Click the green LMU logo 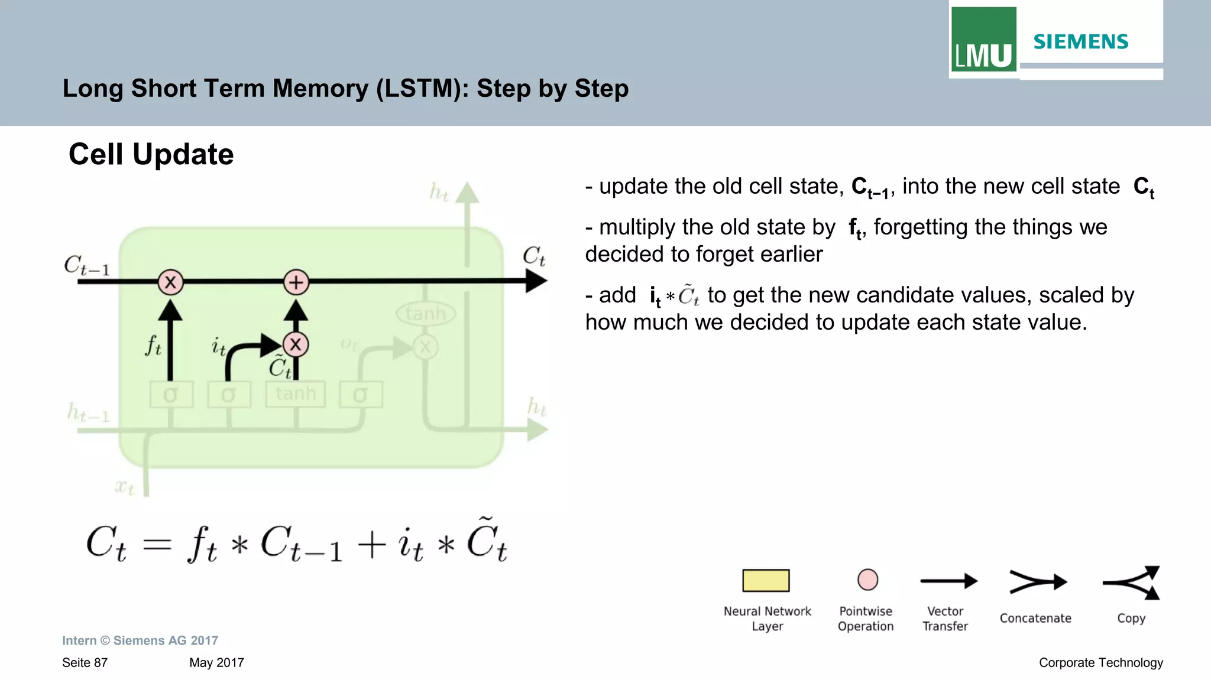click(983, 40)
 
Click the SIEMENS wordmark click(1080, 42)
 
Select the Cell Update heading click(151, 154)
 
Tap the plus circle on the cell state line click(296, 282)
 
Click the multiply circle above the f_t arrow click(170, 282)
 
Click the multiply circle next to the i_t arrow click(296, 344)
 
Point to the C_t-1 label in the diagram click(87, 266)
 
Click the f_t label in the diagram click(153, 345)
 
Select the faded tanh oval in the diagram click(426, 314)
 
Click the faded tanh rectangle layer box click(296, 394)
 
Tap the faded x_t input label click(124, 487)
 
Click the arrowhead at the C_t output click(536, 281)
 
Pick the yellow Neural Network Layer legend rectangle click(766, 580)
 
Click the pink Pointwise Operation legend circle click(867, 580)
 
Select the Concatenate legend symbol click(1037, 582)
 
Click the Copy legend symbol click(1132, 583)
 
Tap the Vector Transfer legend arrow click(948, 581)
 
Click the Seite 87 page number click(85, 663)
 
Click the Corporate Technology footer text click(1100, 663)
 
